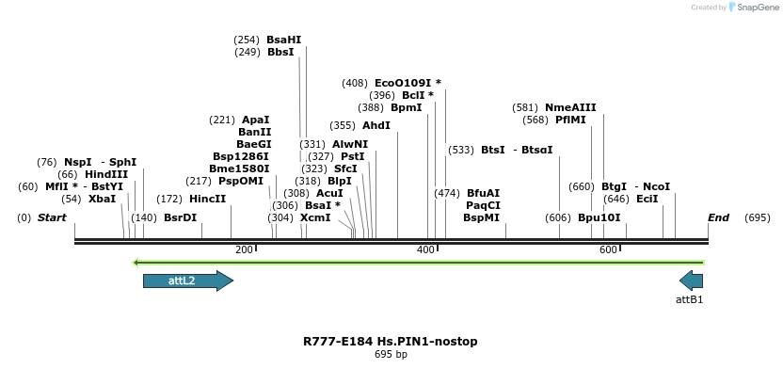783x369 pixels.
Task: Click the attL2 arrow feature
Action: [x=187, y=281]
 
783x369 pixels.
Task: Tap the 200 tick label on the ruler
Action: [x=244, y=249]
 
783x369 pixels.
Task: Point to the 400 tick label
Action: [x=425, y=249]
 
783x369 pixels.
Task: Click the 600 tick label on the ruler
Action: [x=608, y=249]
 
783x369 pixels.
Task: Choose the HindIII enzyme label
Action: [x=106, y=174]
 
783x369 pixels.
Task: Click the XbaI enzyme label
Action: [x=103, y=199]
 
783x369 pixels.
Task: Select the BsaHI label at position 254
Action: [x=284, y=40]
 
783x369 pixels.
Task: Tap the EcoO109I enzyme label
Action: [x=407, y=83]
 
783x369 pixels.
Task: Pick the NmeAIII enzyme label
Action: [x=570, y=107]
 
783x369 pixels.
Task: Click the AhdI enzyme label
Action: [x=376, y=125]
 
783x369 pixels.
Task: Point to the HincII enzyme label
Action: [x=208, y=199]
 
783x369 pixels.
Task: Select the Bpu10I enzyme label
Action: [x=599, y=217]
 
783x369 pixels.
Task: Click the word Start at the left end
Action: [x=52, y=217]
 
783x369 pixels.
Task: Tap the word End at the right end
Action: [x=718, y=217]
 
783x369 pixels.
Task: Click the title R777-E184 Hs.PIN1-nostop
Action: [x=391, y=341]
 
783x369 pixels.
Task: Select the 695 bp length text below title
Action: [x=391, y=355]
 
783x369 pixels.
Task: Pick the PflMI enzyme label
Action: [x=570, y=120]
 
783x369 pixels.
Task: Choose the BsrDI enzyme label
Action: [x=181, y=217]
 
